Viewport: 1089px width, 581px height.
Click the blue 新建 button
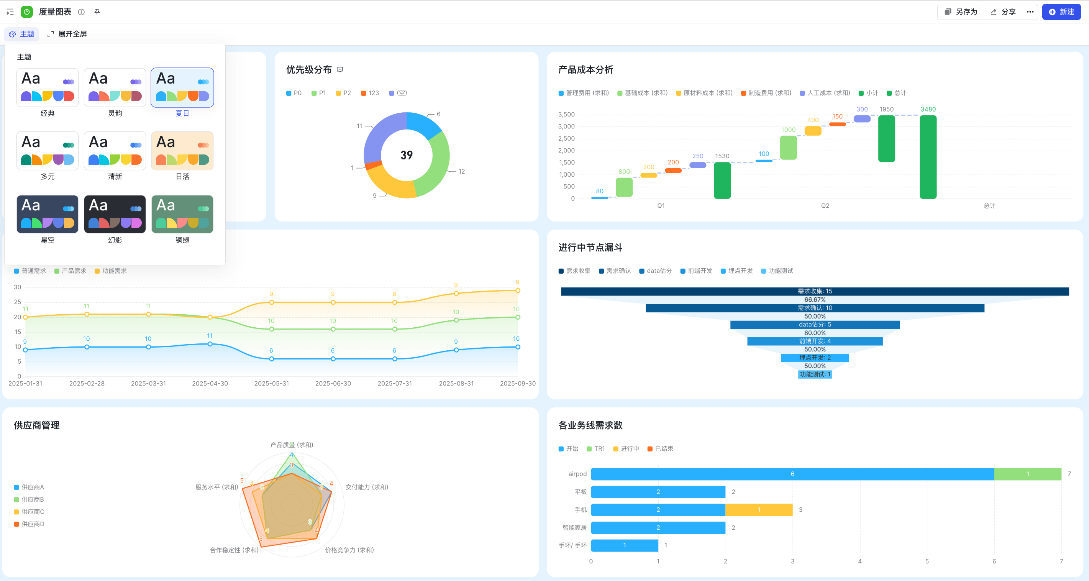pos(1061,12)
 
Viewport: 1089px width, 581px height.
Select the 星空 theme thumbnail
pos(48,214)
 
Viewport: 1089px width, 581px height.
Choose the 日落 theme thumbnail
pos(182,151)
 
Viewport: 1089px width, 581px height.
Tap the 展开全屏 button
pos(67,34)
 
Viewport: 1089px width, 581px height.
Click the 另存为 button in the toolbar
pos(961,12)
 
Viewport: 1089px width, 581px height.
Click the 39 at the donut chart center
pos(407,155)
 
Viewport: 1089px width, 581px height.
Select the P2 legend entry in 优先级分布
pos(343,93)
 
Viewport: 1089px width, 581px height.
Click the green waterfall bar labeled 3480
pos(928,157)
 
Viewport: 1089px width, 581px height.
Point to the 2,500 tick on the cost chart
pos(566,139)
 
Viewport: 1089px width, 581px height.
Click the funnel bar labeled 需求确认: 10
pos(815,308)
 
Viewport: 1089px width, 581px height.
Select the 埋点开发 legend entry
pos(736,271)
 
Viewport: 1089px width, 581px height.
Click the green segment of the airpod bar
pos(1028,474)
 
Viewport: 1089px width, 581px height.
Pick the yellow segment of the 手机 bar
pos(759,510)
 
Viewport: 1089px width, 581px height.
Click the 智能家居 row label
pos(574,528)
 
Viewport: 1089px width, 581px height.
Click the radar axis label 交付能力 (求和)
pos(367,487)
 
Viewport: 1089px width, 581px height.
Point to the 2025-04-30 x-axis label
pos(210,384)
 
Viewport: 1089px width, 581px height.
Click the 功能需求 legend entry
pos(111,271)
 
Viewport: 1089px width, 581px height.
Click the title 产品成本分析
pos(586,70)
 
